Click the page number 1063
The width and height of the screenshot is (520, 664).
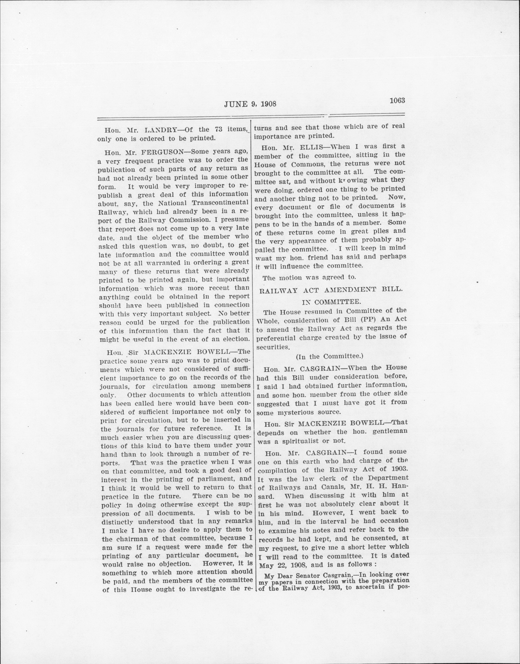point(397,101)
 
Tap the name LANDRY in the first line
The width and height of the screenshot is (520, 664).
point(160,130)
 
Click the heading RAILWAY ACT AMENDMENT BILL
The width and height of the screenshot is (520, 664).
point(331,290)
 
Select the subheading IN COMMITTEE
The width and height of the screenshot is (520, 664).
point(331,302)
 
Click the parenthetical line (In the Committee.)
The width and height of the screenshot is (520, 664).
point(329,356)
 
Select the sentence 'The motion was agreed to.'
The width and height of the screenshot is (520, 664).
point(309,277)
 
